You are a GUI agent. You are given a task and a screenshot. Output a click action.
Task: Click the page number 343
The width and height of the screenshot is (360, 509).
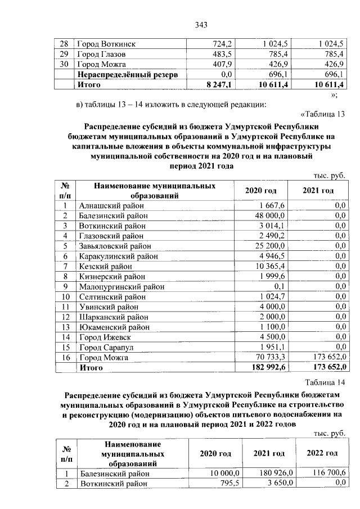pyautogui.click(x=201, y=24)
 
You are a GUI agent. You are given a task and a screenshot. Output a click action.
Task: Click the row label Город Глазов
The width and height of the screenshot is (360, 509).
pyautogui.click(x=101, y=54)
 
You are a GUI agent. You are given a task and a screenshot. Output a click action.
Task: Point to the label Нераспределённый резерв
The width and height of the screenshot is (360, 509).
pyautogui.click(x=128, y=74)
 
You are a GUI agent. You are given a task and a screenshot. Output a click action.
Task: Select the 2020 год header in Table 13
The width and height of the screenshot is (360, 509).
pyautogui.click(x=260, y=191)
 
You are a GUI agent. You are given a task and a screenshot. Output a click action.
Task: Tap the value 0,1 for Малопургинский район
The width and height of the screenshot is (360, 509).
pyautogui.click(x=279, y=286)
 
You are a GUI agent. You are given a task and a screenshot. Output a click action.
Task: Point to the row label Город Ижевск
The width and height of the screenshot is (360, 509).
pyautogui.click(x=104, y=337)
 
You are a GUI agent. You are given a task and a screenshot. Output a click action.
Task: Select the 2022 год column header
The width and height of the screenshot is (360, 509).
pyautogui.click(x=322, y=453)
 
